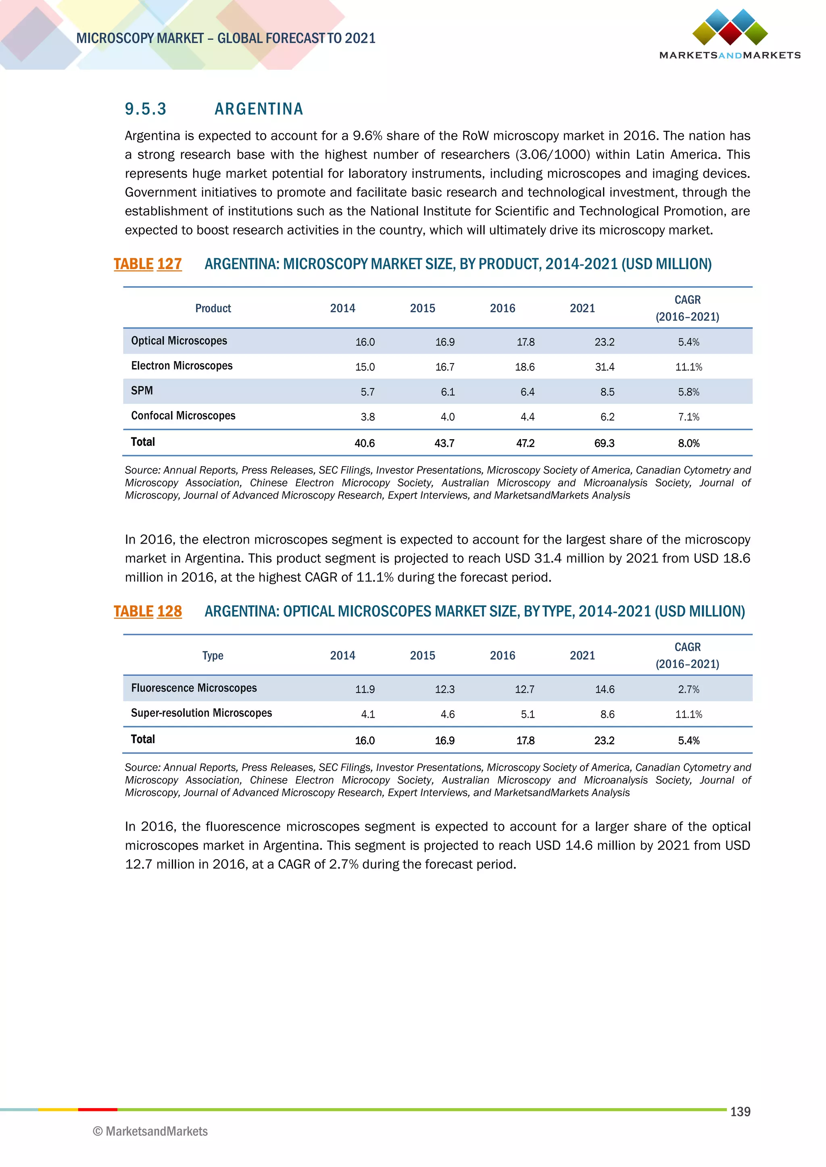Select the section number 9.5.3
click(x=146, y=109)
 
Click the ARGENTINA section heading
click(x=259, y=109)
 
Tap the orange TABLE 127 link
click(x=148, y=264)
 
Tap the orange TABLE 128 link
click(x=148, y=611)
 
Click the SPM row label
click(x=142, y=391)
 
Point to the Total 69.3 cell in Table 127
click(x=604, y=443)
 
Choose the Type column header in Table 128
click(x=213, y=656)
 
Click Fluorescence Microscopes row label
click(x=194, y=688)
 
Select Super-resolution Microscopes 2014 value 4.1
click(x=367, y=714)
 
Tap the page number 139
click(x=740, y=1112)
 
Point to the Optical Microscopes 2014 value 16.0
click(x=365, y=342)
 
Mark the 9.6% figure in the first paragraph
click(x=367, y=136)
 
